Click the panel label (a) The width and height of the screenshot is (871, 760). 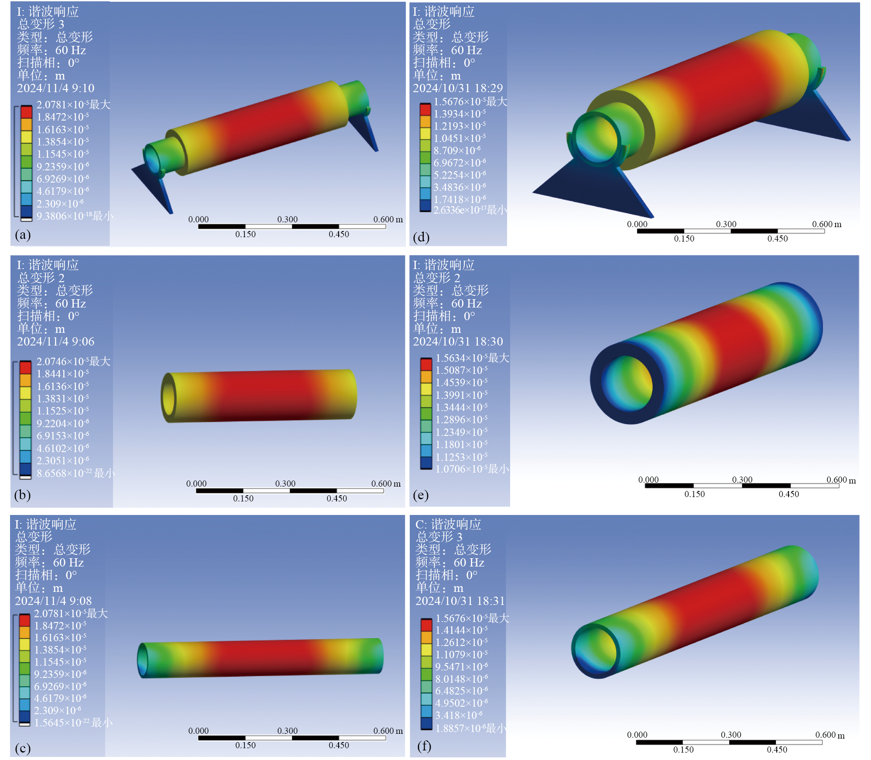point(23,235)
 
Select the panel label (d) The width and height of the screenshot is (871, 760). point(421,237)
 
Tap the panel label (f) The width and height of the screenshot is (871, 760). point(424,746)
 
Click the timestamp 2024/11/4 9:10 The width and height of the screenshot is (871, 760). point(55,88)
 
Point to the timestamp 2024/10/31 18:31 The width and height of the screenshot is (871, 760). point(460,601)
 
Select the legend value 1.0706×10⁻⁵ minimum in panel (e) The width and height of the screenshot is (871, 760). point(472,469)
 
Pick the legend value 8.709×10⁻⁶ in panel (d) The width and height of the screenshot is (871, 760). point(457,151)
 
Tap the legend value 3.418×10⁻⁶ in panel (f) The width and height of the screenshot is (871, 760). point(459,715)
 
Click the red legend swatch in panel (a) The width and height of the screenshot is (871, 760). point(27,112)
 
